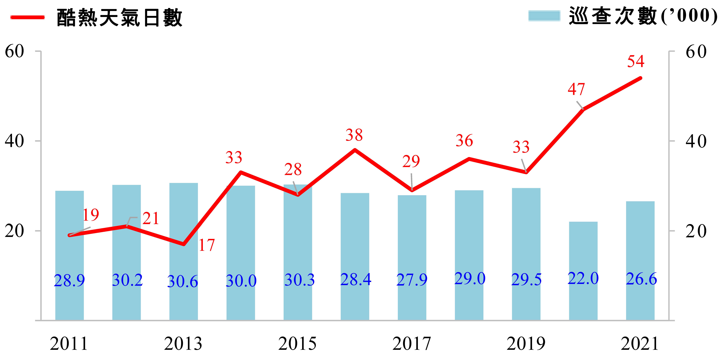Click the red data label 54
636,61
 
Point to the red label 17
207,245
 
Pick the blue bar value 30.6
183,281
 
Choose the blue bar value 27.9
412,280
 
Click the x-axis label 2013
183,344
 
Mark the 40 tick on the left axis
15,141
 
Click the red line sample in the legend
27,17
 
